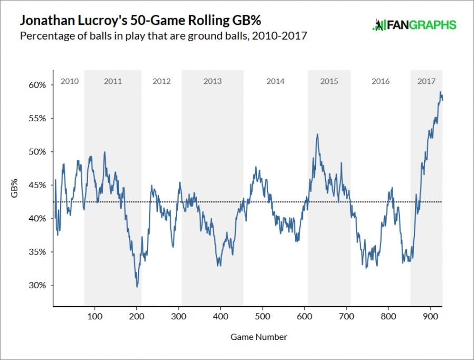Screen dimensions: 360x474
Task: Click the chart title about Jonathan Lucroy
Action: coord(141,22)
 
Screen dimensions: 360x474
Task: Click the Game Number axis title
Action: coord(259,336)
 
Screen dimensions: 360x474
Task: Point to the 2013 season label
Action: coord(212,81)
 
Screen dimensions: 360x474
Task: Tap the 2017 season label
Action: coord(426,81)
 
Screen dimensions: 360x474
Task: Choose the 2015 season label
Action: coord(329,81)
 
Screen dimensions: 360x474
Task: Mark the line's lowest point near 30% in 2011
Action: coord(137,286)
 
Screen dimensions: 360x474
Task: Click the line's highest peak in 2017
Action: coord(440,92)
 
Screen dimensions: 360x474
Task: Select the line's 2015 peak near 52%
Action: coord(317,134)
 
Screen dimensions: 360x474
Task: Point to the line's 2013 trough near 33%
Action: coord(219,265)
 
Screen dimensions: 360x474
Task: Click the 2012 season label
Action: coord(162,81)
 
